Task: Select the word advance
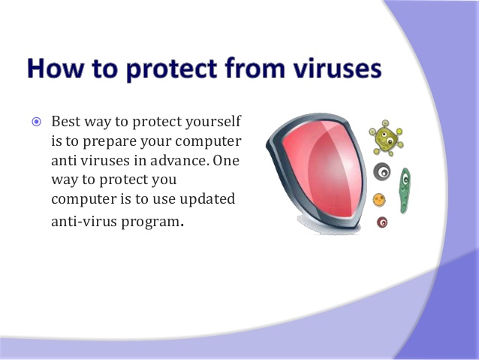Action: click(180, 160)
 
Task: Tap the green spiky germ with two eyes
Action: click(386, 138)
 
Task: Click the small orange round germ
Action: click(380, 200)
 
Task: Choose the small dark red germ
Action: click(382, 222)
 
